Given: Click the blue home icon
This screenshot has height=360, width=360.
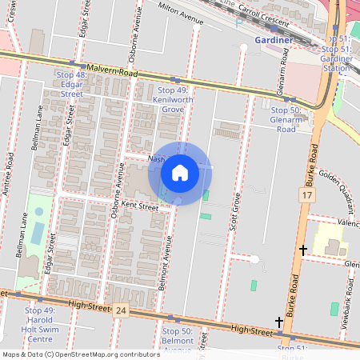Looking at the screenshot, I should coord(180,173).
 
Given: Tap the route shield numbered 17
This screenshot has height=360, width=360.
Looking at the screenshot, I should coord(307,195).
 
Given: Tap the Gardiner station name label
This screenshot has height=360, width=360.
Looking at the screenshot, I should coord(274,39).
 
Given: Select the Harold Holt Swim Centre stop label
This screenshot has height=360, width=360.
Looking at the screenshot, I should coord(40,325).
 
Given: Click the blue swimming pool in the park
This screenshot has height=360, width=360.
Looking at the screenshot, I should coord(39,216).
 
